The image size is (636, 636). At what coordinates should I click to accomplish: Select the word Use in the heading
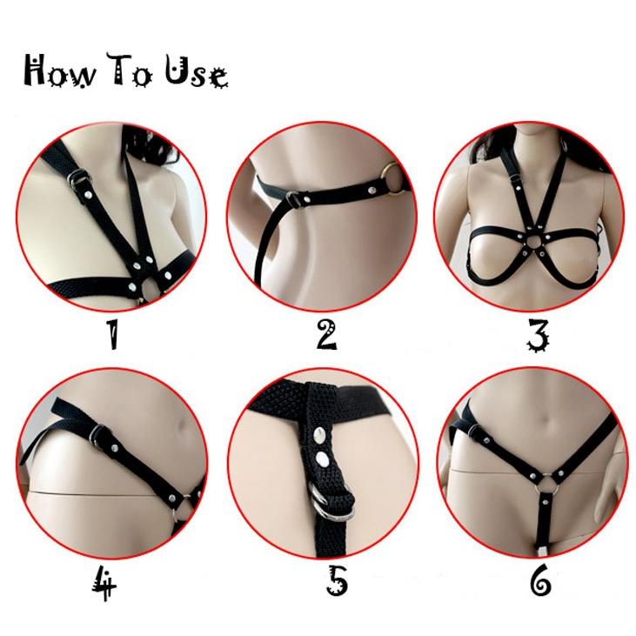[197, 73]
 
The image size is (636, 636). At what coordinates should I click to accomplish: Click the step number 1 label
[113, 334]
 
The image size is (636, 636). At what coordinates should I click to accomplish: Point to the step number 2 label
[326, 335]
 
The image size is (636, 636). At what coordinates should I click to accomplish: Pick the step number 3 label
[538, 336]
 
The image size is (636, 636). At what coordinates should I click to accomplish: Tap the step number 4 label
[104, 584]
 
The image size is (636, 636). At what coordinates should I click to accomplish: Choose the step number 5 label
[338, 582]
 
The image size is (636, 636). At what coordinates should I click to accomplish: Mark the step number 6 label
[540, 581]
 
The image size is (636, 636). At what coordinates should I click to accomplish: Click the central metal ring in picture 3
[527, 241]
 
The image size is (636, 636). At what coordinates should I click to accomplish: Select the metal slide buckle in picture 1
[78, 177]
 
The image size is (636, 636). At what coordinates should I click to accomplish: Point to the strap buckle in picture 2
[295, 199]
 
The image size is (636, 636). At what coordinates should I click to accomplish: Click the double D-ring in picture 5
[327, 499]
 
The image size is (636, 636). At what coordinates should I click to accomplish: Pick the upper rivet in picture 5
[320, 436]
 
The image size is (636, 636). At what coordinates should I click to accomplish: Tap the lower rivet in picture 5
[324, 459]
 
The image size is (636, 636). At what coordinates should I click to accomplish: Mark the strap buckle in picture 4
[98, 435]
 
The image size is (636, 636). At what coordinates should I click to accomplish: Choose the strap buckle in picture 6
[474, 431]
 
